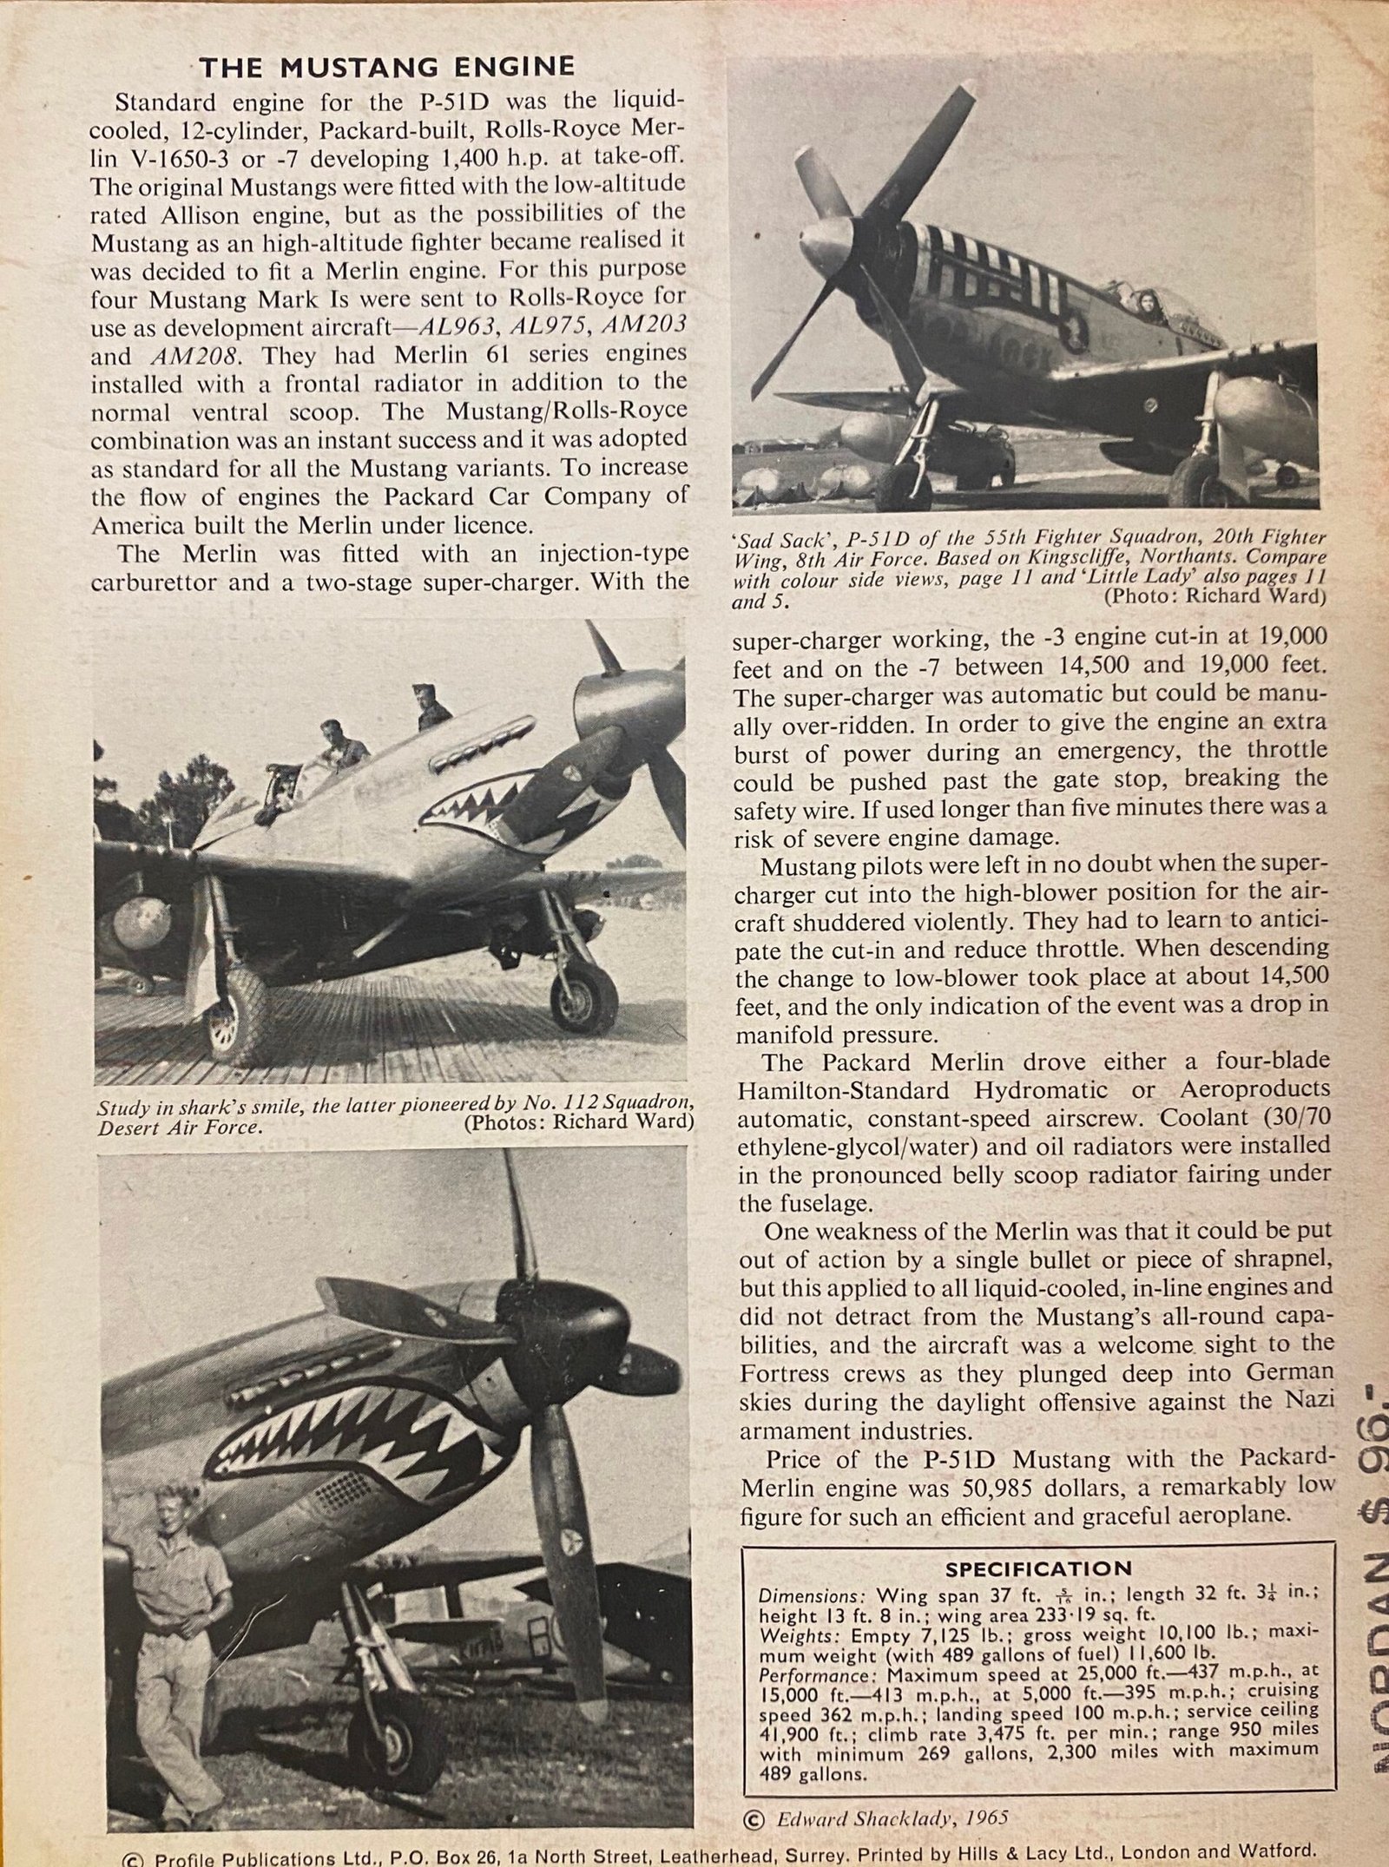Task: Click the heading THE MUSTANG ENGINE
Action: [387, 68]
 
